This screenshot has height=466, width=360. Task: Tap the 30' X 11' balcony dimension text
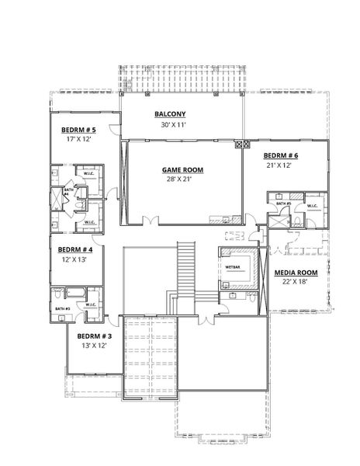173,124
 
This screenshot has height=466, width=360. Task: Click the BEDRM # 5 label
78,129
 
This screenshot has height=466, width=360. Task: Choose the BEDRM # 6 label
280,155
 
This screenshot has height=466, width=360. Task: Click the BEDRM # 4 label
75,249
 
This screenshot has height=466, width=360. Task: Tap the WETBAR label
232,266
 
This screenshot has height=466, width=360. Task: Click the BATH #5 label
284,203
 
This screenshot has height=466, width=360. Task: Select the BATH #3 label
62,308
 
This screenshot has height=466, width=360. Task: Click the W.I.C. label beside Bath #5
313,205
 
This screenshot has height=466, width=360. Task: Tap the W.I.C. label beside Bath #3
92,304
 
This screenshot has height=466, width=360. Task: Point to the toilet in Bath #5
297,221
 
